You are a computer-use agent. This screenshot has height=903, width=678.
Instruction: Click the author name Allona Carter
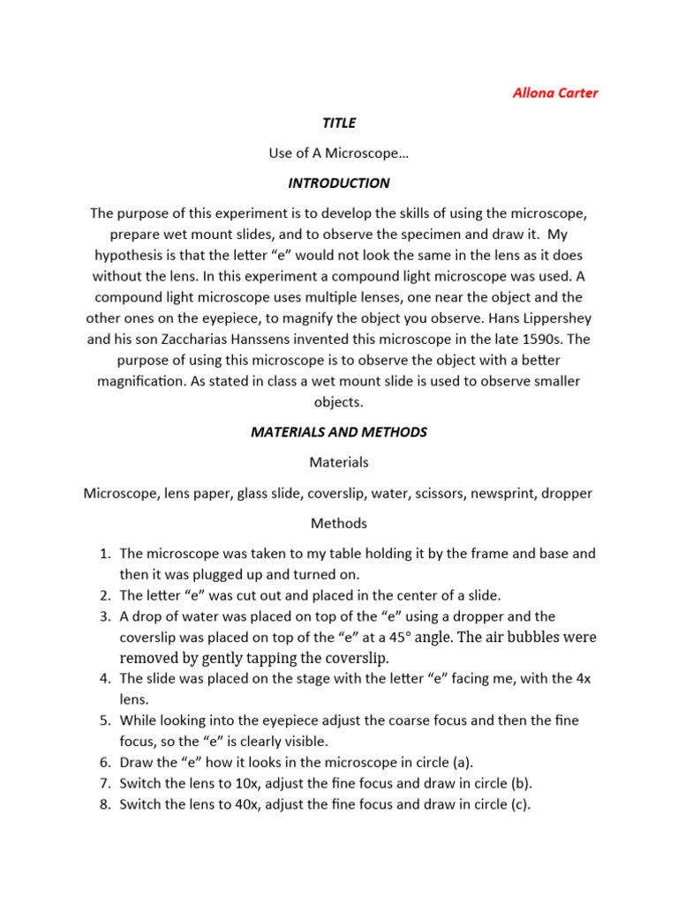click(555, 93)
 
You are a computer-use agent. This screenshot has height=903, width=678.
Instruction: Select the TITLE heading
click(339, 123)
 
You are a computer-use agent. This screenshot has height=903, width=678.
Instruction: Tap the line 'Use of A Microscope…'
click(339, 153)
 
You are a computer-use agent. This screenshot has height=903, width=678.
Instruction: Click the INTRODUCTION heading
click(339, 183)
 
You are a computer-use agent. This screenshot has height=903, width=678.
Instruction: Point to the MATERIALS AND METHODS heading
click(339, 432)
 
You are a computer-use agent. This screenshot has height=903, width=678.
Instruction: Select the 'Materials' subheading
click(339, 462)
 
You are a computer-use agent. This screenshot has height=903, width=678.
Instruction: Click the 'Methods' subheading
click(339, 523)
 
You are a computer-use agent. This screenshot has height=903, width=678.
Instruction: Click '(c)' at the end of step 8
click(517, 803)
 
